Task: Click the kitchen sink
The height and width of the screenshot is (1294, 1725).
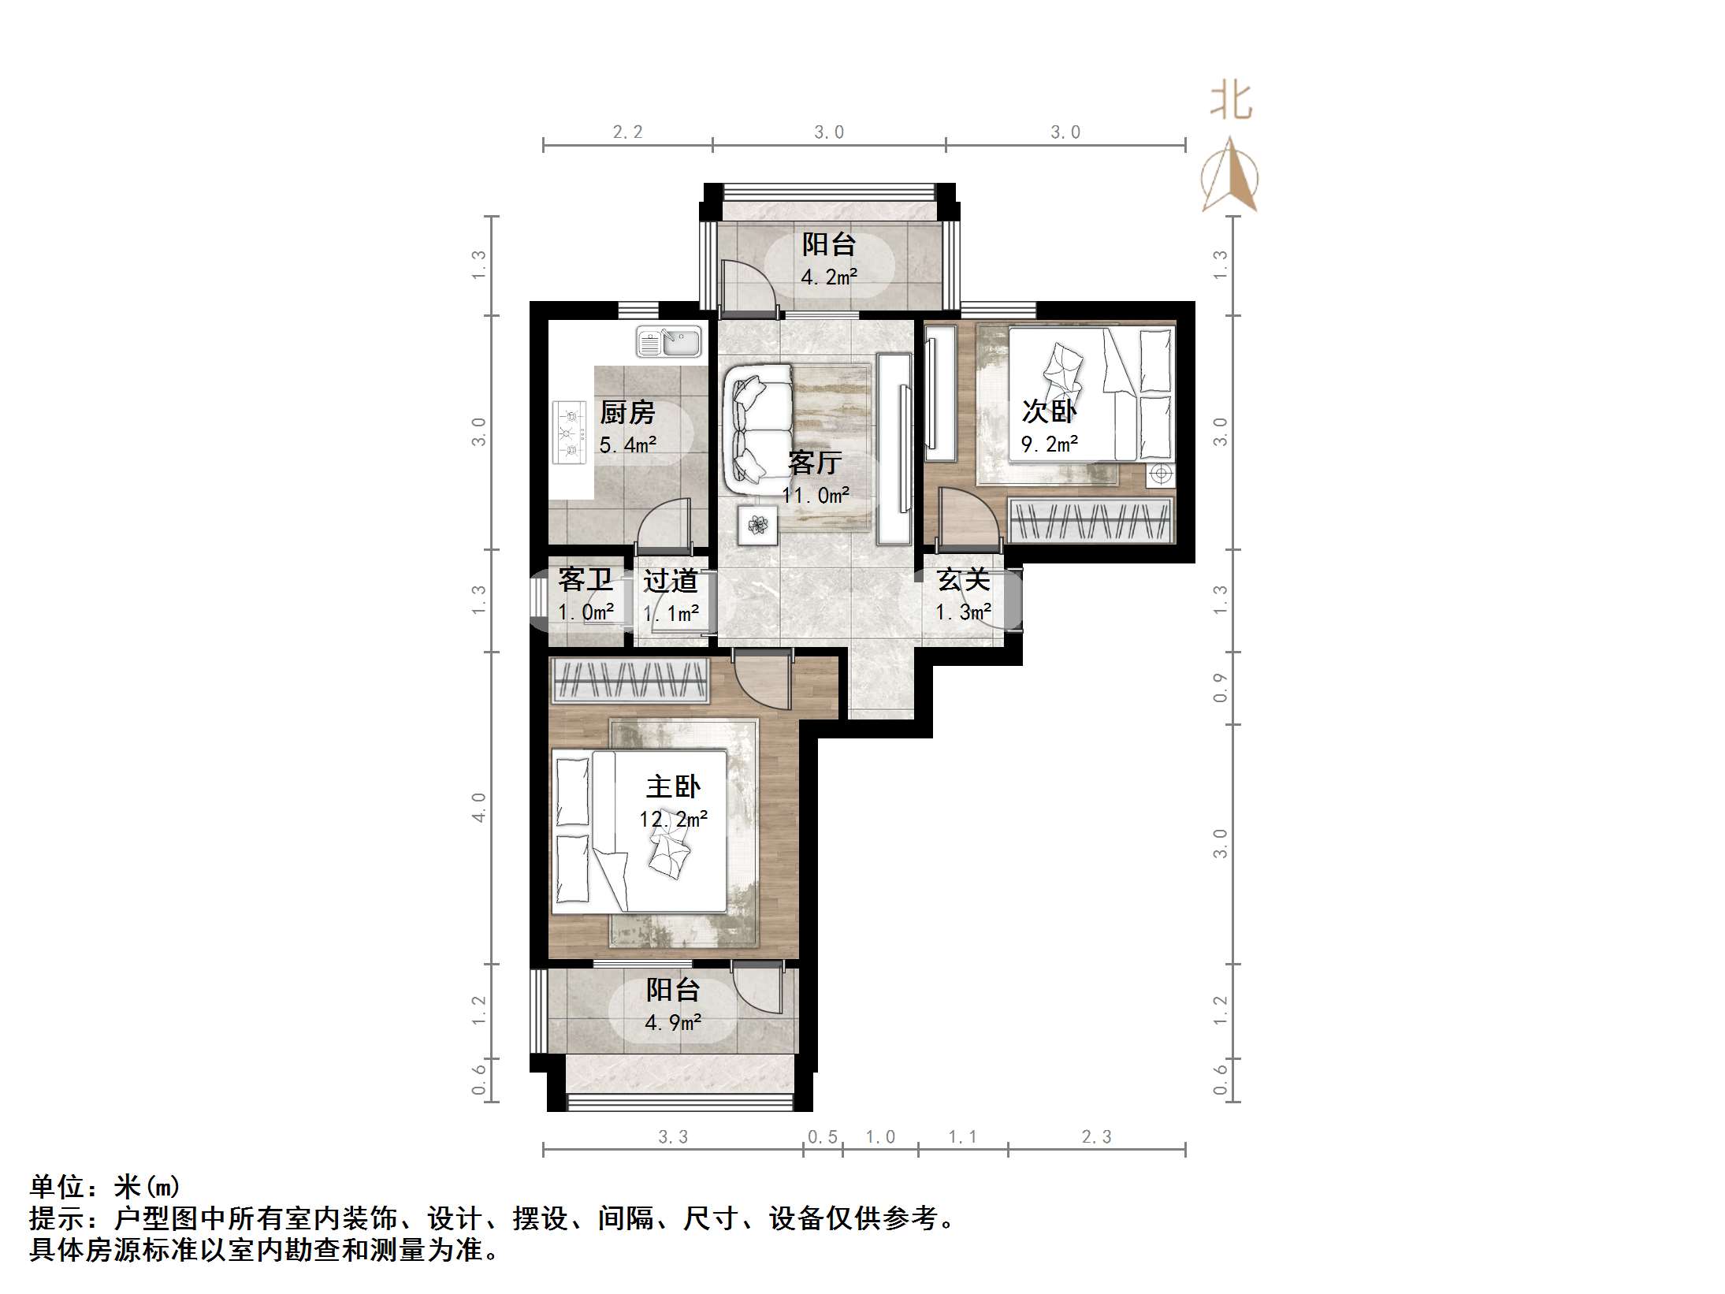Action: pyautogui.click(x=668, y=341)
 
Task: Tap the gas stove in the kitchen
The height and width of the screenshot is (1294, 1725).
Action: pyautogui.click(x=571, y=433)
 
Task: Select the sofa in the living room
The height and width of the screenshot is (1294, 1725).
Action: pyautogui.click(x=758, y=430)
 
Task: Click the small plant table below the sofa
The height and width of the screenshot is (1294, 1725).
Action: pyautogui.click(x=757, y=525)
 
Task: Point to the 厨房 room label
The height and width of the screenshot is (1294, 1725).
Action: pyautogui.click(x=627, y=412)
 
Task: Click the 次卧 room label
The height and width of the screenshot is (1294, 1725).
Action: pyautogui.click(x=1049, y=411)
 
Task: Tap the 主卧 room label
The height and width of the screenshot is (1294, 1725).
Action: pyautogui.click(x=673, y=786)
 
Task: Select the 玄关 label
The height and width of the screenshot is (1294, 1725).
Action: pyautogui.click(x=963, y=580)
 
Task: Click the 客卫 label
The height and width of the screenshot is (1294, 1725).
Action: pyautogui.click(x=586, y=580)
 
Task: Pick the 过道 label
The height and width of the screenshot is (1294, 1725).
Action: pyautogui.click(x=671, y=581)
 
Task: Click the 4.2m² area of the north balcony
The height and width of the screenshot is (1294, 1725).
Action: pyautogui.click(x=829, y=277)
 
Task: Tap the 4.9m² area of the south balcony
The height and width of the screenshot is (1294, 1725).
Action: pyautogui.click(x=673, y=1023)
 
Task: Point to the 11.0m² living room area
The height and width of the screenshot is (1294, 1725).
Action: pyautogui.click(x=816, y=495)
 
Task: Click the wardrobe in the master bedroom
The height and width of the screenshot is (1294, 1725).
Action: pyautogui.click(x=630, y=681)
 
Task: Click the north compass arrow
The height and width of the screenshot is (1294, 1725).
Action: pyautogui.click(x=1229, y=175)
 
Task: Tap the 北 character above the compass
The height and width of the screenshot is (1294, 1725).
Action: pyautogui.click(x=1231, y=102)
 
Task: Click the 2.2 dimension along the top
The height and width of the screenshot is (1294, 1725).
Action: pyautogui.click(x=628, y=132)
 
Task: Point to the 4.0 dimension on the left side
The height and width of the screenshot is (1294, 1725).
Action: pyautogui.click(x=479, y=808)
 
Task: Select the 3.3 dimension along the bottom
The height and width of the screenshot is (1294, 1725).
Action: pyautogui.click(x=673, y=1137)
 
